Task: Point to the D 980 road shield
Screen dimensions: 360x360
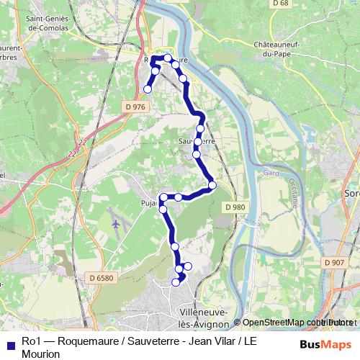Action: pos(235,207)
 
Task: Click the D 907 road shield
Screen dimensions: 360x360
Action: pos(334,263)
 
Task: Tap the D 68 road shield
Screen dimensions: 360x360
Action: pos(282,4)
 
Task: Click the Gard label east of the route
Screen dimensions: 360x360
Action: pos(271,173)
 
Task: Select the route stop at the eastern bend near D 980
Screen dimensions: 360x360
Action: pos(212,186)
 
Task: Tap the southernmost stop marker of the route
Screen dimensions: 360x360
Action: pos(175,283)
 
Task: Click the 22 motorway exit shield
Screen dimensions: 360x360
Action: pos(73,153)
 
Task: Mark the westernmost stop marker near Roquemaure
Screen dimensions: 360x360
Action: pos(148,89)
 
